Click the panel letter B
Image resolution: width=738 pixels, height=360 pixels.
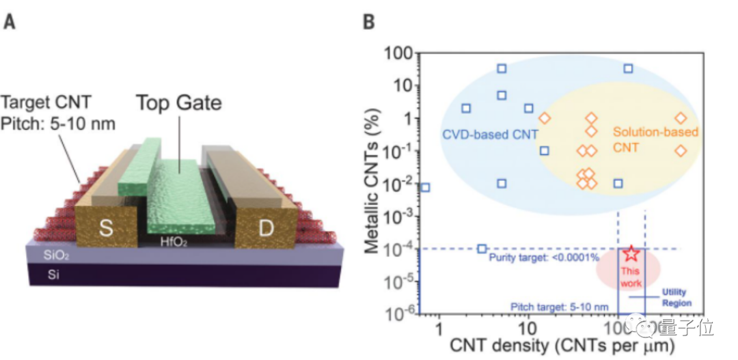pyautogui.click(x=368, y=22)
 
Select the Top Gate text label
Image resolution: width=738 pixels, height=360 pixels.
pyautogui.click(x=179, y=103)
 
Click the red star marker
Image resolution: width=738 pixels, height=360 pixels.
pyautogui.click(x=631, y=253)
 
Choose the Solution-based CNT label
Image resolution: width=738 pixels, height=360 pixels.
pyautogui.click(x=655, y=139)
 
